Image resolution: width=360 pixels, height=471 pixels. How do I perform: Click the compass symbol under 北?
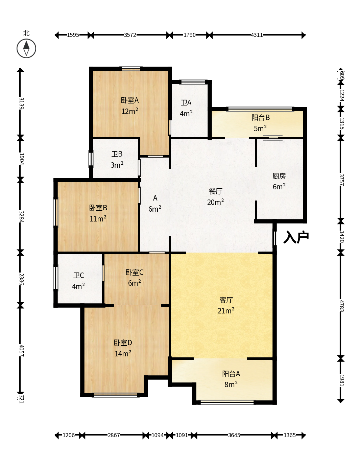26,48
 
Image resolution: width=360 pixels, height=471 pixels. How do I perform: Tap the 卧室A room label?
130,100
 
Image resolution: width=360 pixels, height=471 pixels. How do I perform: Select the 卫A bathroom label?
186,102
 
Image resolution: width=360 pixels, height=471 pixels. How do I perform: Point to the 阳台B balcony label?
261,117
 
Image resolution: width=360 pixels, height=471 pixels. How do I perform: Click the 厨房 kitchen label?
279,176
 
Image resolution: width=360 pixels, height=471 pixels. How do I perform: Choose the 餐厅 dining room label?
216,191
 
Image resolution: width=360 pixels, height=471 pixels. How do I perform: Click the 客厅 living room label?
226,300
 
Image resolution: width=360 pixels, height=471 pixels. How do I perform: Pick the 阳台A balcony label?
231,374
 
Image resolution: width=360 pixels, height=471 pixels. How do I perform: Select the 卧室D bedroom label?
123,343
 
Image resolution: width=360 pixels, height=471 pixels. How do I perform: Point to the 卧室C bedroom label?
135,272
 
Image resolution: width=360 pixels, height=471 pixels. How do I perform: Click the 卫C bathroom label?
78,275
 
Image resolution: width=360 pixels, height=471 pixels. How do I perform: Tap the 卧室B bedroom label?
98,208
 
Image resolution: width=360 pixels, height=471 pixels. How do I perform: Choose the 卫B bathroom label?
117,154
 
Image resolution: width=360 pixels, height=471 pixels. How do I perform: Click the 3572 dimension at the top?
130,35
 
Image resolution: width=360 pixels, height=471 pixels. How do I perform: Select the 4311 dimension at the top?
257,35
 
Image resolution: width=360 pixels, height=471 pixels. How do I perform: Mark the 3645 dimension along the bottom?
234,435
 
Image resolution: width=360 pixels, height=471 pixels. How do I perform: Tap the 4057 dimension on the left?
21,351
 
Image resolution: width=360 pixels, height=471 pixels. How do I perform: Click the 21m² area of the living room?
226,310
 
